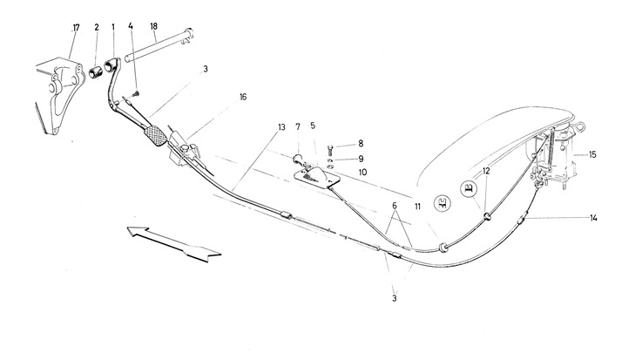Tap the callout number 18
pos(153,27)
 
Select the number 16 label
pos(244,98)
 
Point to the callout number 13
pos(281,128)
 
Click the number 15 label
pos(592,155)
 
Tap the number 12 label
pos(486,171)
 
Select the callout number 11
pos(418,206)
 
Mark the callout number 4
pos(131,27)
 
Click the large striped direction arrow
pos(173,242)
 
